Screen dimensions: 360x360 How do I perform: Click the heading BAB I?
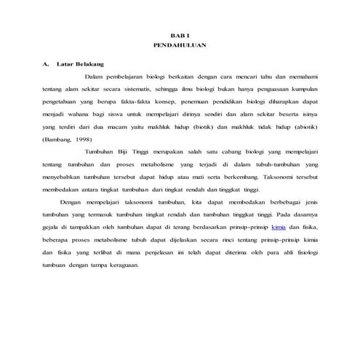[x=179, y=35]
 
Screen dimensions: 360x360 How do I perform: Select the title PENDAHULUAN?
[x=179, y=44]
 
